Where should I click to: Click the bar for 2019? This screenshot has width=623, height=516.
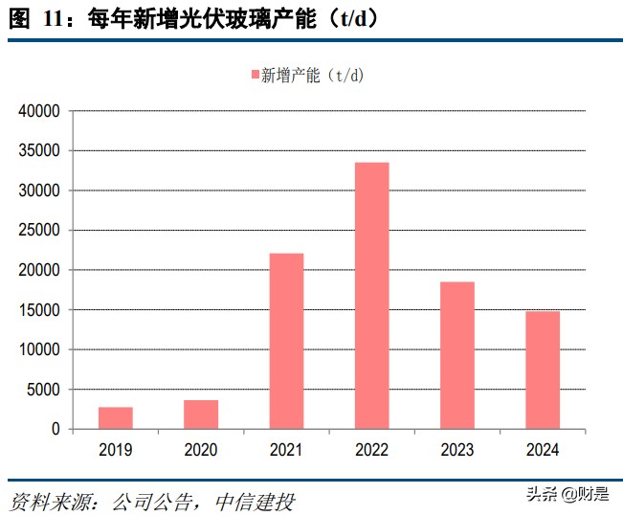point(115,418)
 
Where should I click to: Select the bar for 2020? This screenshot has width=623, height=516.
point(201,415)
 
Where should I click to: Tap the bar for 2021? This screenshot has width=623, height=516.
point(286,341)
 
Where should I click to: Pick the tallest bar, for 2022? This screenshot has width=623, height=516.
point(371,296)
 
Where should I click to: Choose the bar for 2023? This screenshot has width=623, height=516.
point(456,355)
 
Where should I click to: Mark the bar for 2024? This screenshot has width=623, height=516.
point(542,370)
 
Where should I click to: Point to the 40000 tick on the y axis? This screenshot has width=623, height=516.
point(40,112)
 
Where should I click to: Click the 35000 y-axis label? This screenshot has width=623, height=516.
point(40,151)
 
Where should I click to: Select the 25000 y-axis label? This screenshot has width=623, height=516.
point(40,231)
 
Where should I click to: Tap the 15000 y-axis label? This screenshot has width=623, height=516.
point(40,310)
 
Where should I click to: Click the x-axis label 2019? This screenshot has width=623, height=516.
point(115,449)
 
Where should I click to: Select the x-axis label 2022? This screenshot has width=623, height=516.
point(371,449)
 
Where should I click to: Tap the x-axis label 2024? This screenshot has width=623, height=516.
point(542,449)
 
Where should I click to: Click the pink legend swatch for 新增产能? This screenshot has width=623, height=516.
point(255,76)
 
